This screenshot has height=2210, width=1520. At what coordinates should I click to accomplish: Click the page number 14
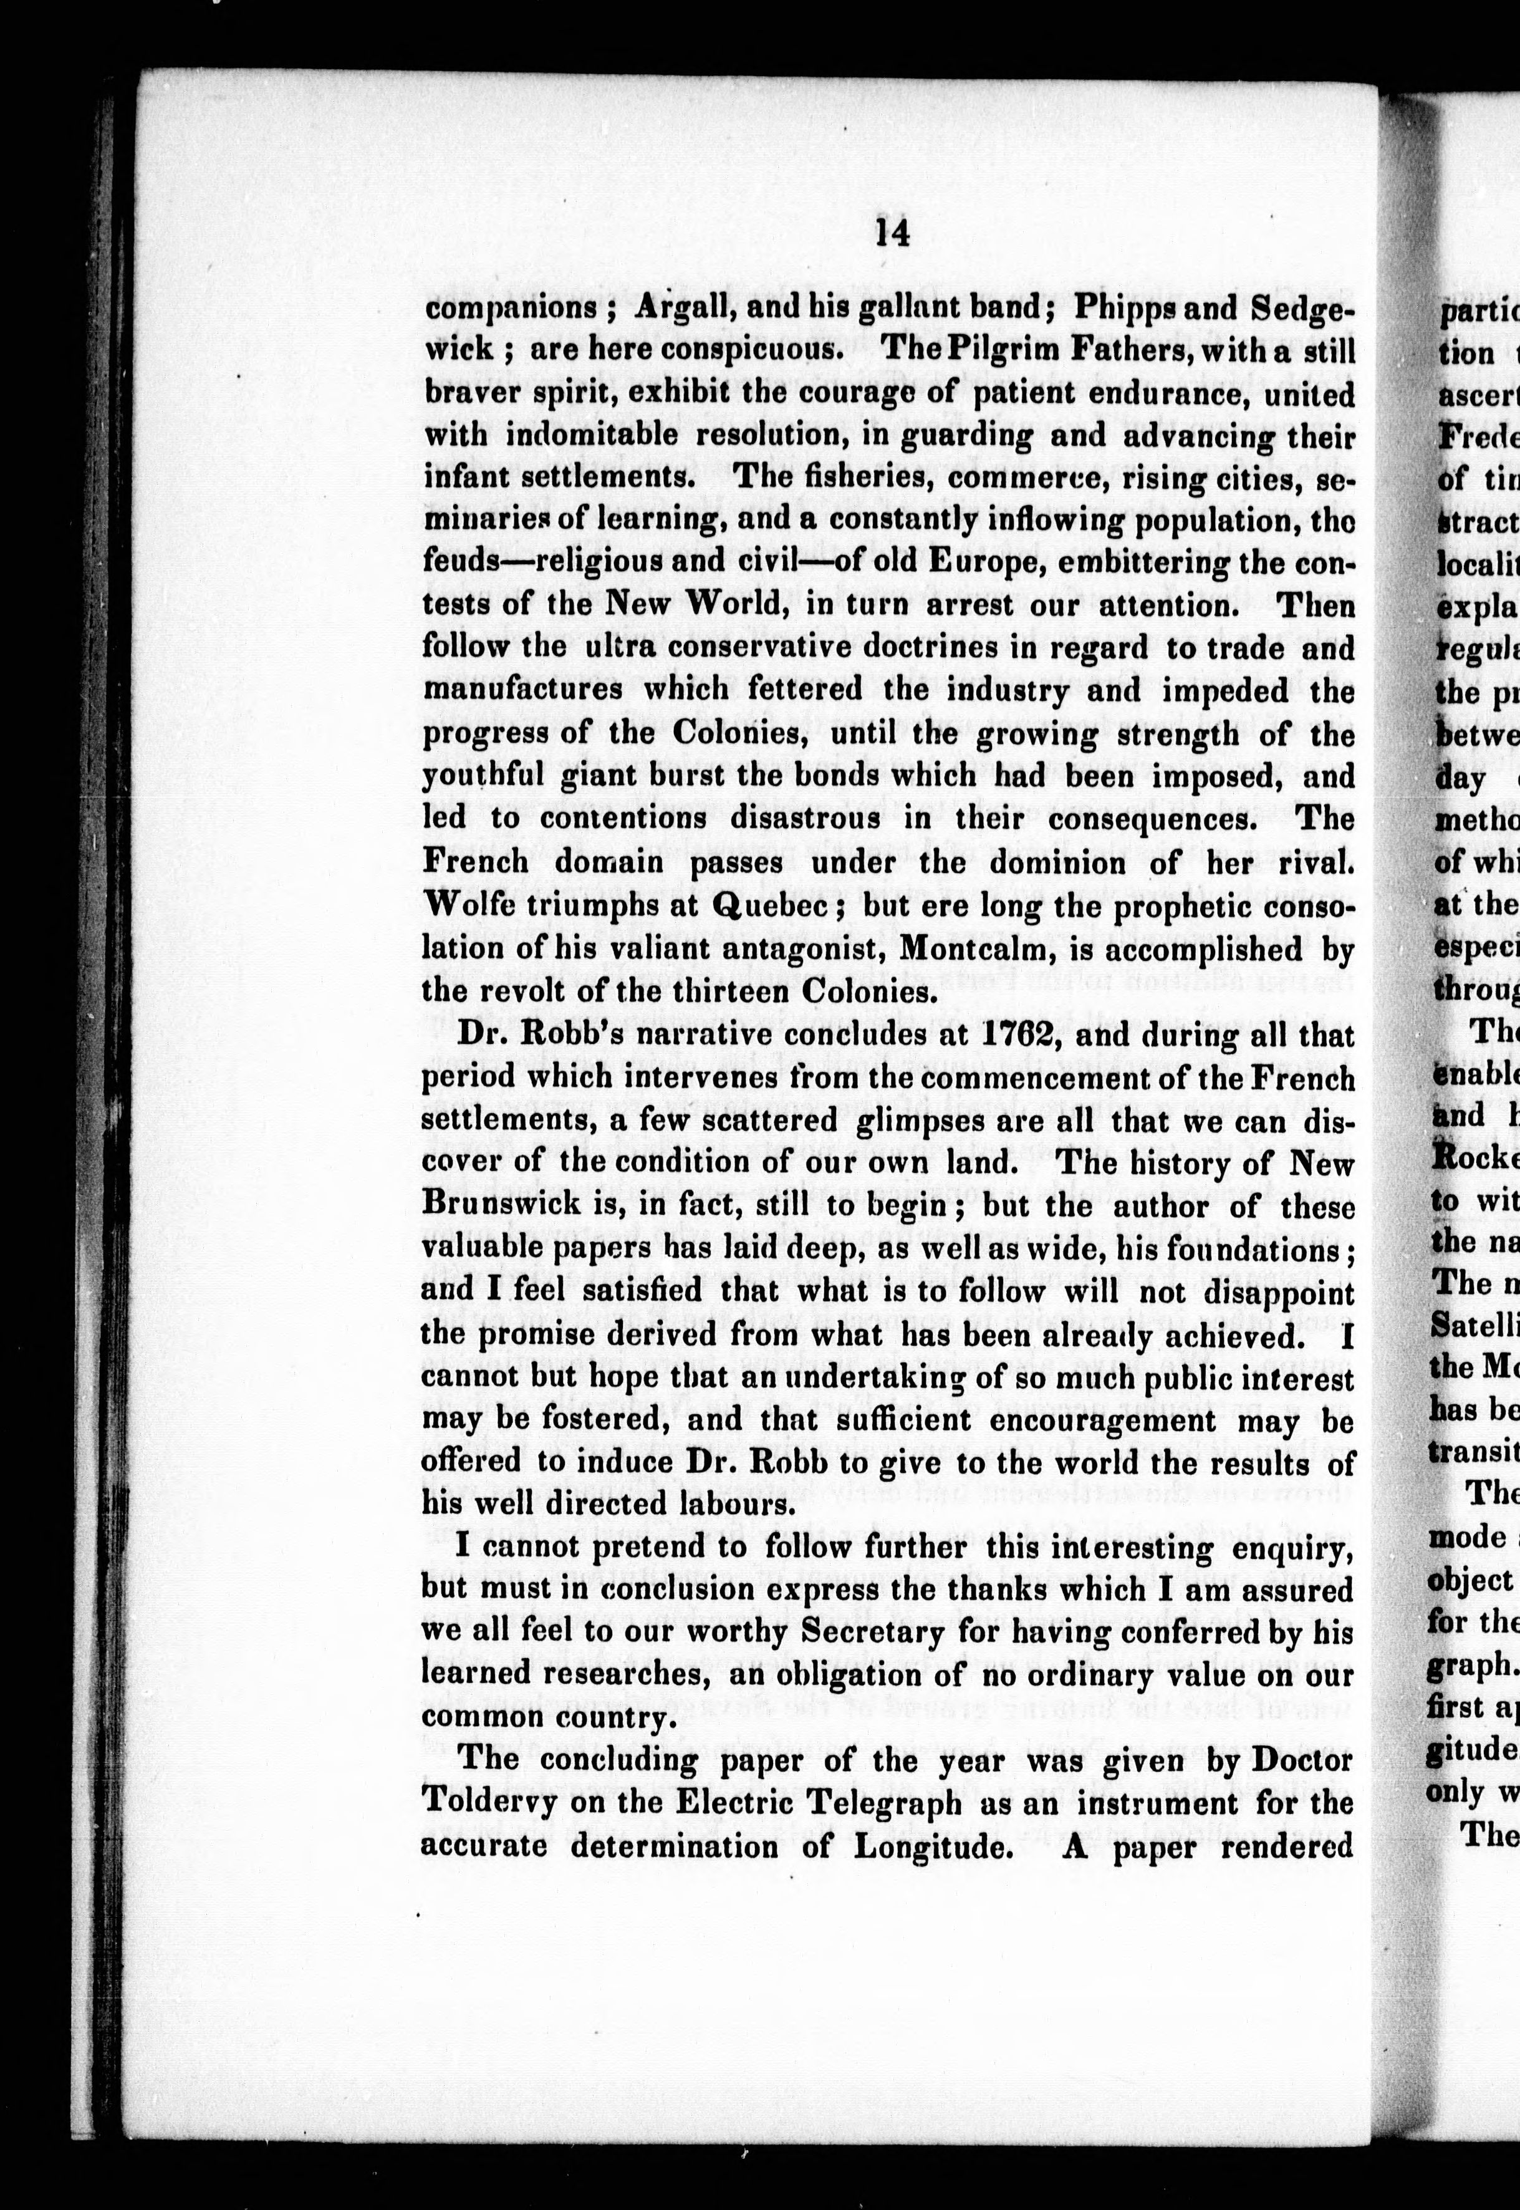892,233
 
